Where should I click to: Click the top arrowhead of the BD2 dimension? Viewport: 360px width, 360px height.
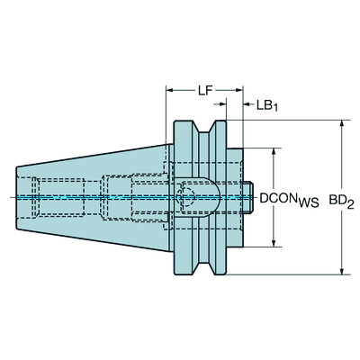tap(341, 122)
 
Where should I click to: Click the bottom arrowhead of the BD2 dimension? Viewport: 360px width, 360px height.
tap(341, 271)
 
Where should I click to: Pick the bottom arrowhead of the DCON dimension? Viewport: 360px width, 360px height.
tap(273, 243)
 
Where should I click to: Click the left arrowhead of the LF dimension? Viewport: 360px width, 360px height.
tap(168, 91)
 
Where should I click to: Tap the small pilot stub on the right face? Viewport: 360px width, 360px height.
tap(253, 196)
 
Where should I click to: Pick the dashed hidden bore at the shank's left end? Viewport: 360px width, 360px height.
tap(45, 196)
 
